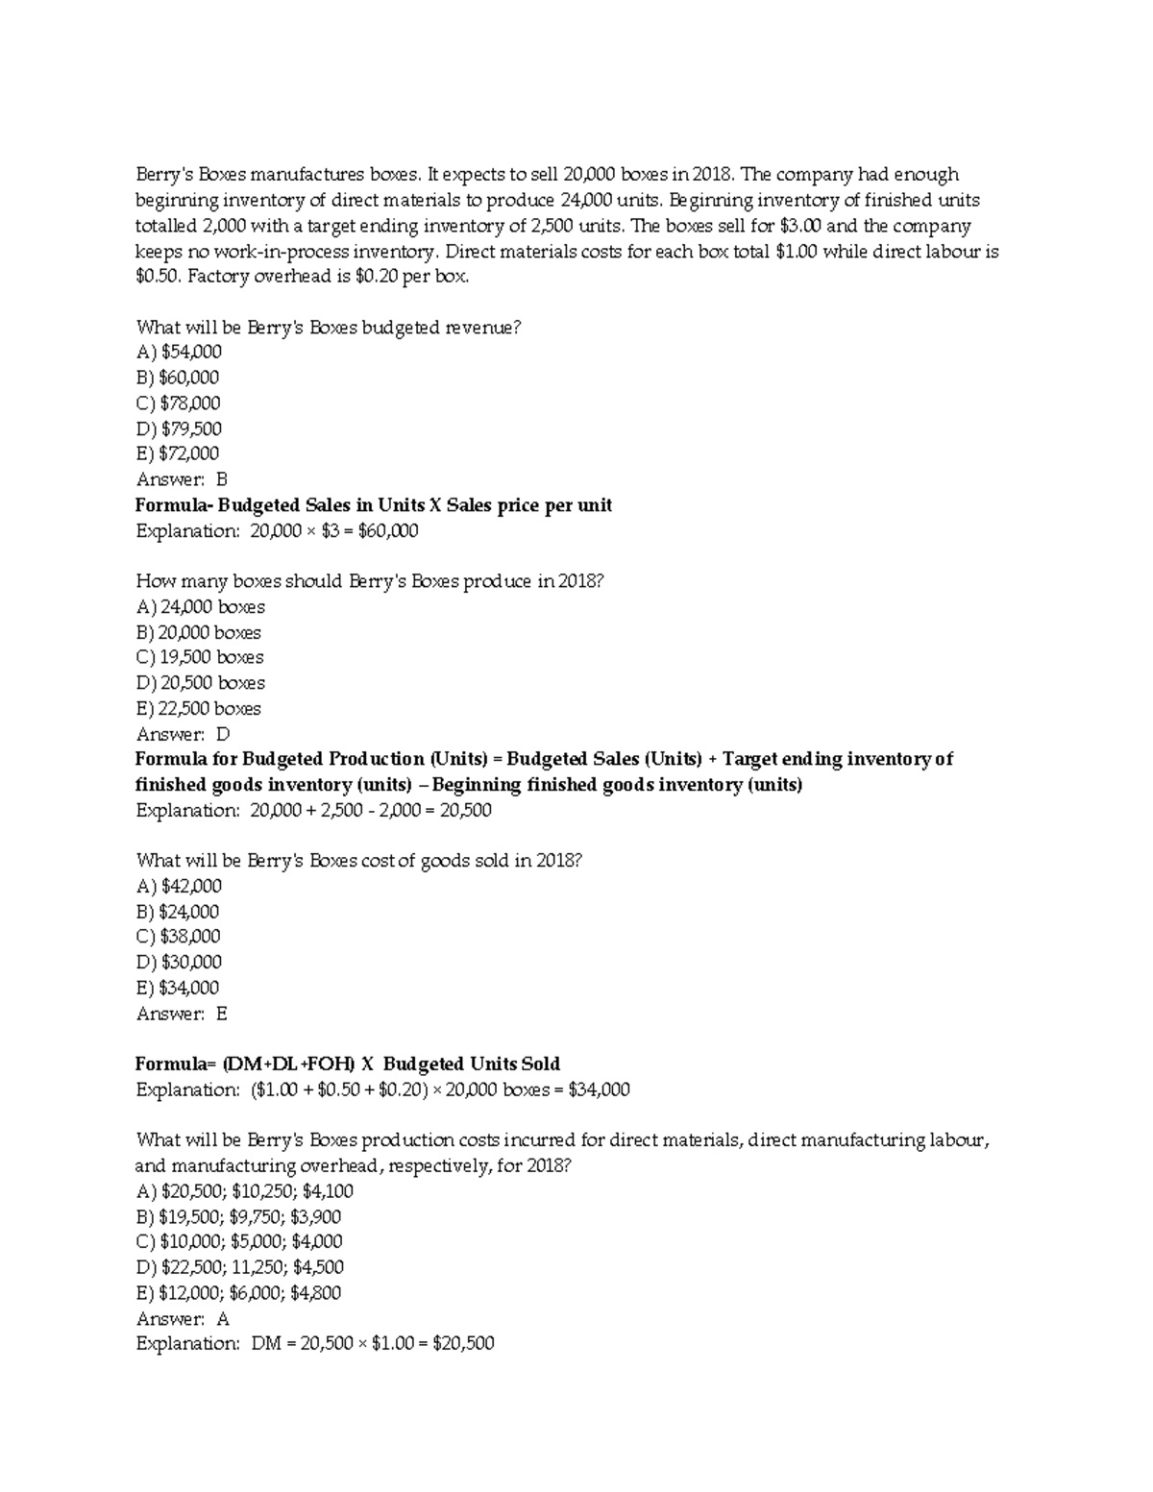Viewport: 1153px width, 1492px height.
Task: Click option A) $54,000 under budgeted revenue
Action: (179, 353)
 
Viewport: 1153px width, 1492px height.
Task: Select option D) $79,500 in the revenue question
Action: (179, 428)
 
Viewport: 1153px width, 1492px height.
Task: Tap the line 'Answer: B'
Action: (182, 479)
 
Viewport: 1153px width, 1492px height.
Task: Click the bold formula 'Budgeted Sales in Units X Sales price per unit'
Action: (374, 505)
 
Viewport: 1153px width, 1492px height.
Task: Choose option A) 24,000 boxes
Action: (201, 607)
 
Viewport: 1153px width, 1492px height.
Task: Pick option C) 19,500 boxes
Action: (200, 657)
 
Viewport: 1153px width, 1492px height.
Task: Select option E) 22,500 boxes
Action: (199, 708)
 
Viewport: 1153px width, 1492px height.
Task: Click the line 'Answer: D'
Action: (183, 734)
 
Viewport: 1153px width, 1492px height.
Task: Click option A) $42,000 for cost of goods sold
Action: (179, 886)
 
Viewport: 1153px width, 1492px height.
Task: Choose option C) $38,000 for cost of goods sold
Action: (179, 937)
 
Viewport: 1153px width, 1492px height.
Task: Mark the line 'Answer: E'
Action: (182, 1014)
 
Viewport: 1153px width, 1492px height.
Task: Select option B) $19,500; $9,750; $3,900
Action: (239, 1216)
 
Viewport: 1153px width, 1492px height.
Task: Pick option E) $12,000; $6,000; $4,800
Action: (239, 1293)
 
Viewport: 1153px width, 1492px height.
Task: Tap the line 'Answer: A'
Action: (183, 1318)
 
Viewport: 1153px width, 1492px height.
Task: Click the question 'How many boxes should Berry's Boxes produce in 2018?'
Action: (370, 581)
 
